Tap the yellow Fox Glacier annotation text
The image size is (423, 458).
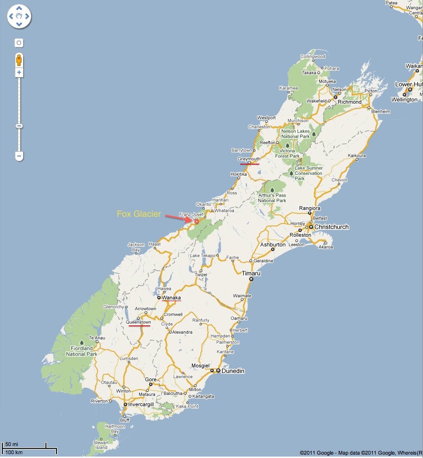tap(139, 214)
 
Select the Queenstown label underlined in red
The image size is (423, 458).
tap(138, 323)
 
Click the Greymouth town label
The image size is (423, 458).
tap(249, 159)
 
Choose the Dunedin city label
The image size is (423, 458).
tap(233, 371)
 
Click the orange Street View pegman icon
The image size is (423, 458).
tap(19, 60)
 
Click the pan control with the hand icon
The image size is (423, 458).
tap(19, 17)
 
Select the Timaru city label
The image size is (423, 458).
tap(251, 273)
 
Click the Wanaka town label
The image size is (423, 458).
tap(171, 298)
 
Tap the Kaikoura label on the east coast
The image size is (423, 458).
tap(356, 156)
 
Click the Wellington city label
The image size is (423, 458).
tap(404, 100)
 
